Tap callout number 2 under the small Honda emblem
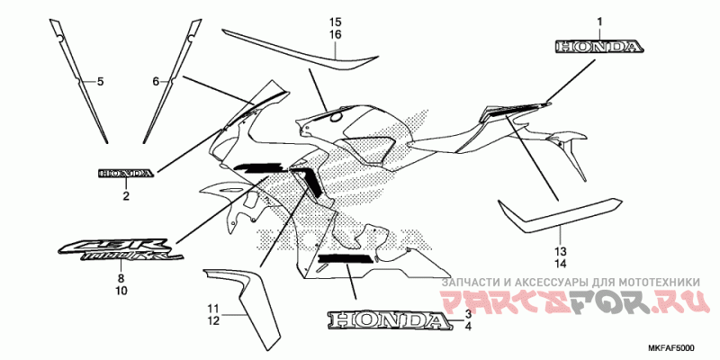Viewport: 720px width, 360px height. point(126,195)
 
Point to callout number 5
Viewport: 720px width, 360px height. point(101,82)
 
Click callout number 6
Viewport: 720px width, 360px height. point(155,82)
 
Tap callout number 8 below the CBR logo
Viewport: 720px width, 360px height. point(120,279)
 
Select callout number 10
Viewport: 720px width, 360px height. point(120,291)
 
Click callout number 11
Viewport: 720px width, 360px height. point(212,308)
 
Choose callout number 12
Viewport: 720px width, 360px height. point(212,320)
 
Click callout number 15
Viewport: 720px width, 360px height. point(335,21)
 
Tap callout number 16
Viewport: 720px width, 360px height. point(335,34)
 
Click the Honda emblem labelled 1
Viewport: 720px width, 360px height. point(598,46)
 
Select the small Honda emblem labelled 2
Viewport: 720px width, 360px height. point(125,172)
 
